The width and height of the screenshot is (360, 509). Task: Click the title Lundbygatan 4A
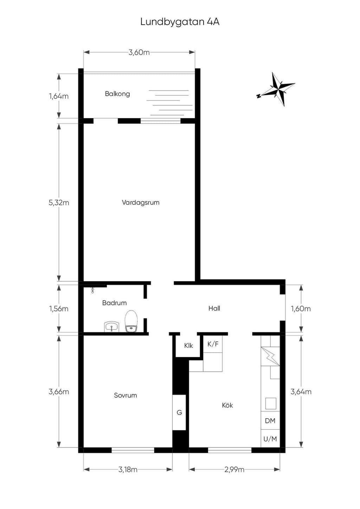tap(180, 22)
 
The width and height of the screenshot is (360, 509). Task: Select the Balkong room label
tap(117, 94)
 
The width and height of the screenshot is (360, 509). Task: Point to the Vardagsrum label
tap(141, 202)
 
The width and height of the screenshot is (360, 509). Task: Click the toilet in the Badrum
tap(131, 321)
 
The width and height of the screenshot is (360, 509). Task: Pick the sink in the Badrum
tap(111, 327)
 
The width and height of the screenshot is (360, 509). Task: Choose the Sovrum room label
tap(126, 396)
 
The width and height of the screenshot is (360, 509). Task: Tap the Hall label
tap(214, 308)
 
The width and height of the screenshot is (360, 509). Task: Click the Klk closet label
tap(188, 346)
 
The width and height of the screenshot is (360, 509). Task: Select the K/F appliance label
tap(213, 344)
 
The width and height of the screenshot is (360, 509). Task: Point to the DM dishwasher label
tap(270, 420)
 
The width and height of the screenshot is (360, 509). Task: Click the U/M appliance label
tap(270, 439)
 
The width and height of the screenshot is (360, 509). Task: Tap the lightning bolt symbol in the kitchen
tap(270, 356)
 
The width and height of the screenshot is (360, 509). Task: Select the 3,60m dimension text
tap(139, 52)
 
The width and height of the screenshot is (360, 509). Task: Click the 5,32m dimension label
tap(59, 202)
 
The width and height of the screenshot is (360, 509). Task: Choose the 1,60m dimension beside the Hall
tap(301, 308)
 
